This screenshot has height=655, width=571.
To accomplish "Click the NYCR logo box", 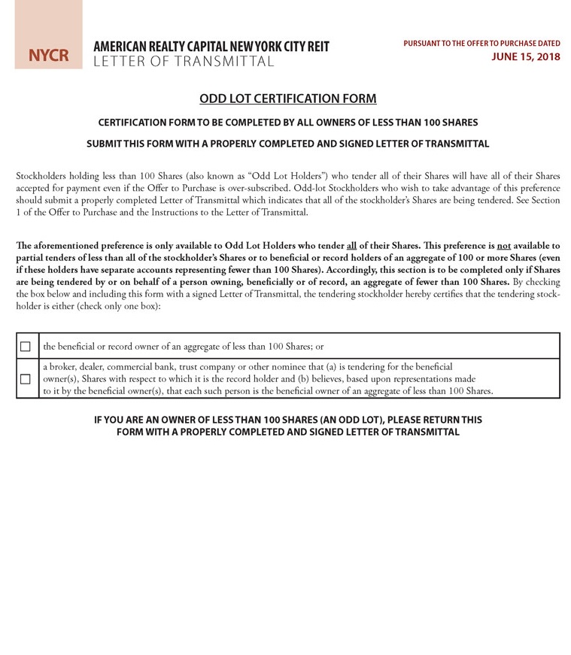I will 48,56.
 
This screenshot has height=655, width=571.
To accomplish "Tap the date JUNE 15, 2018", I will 526,56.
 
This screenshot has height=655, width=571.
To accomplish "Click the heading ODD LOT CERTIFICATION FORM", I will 287,99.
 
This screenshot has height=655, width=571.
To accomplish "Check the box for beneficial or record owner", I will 26,347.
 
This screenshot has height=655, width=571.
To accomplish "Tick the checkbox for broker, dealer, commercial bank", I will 26,379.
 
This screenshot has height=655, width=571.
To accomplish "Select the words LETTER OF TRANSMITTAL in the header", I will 184,62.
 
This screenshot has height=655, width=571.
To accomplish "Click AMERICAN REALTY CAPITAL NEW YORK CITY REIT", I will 211,47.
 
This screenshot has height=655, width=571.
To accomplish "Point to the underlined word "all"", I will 351,246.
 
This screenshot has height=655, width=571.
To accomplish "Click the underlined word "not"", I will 504,246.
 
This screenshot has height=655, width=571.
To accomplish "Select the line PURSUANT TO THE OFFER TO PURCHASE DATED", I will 481,44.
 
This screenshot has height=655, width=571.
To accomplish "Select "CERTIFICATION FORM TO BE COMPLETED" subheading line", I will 287,123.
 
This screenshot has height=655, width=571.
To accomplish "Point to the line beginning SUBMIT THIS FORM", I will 287,144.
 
